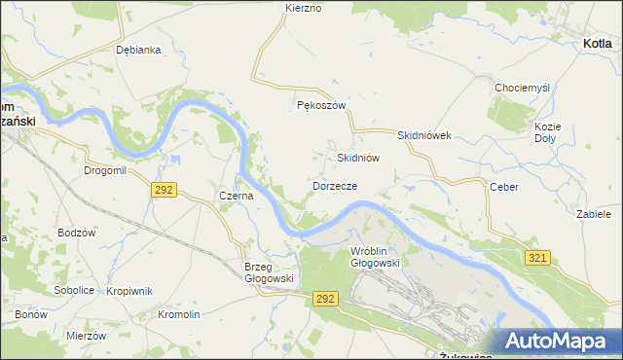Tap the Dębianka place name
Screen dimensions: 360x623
coord(137,50)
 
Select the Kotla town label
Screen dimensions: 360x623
coord(597,44)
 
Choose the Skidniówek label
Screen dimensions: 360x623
coord(425,136)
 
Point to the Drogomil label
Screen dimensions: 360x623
coord(105,170)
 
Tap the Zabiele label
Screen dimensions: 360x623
coord(593,213)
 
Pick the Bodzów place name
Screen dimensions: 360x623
coord(76,233)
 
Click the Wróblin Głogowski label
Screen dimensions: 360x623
coord(375,257)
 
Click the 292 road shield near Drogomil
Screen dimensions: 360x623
coord(164,190)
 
